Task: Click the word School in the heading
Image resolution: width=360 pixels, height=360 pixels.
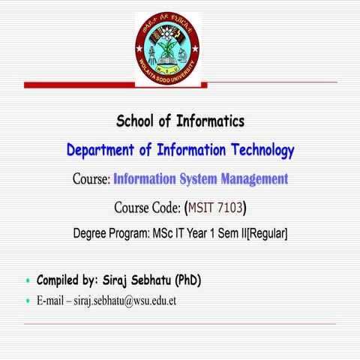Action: (x=137, y=121)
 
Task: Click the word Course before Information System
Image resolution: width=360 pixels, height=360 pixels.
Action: (x=91, y=179)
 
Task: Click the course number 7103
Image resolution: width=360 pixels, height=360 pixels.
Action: (x=228, y=207)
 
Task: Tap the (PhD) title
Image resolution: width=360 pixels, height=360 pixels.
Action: (x=187, y=281)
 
